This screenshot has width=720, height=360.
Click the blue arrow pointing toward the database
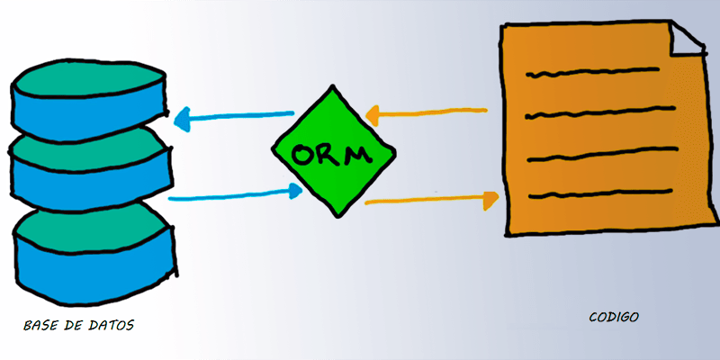234,116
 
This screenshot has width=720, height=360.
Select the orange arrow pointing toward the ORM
427,113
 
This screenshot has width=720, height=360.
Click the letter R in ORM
330,154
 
